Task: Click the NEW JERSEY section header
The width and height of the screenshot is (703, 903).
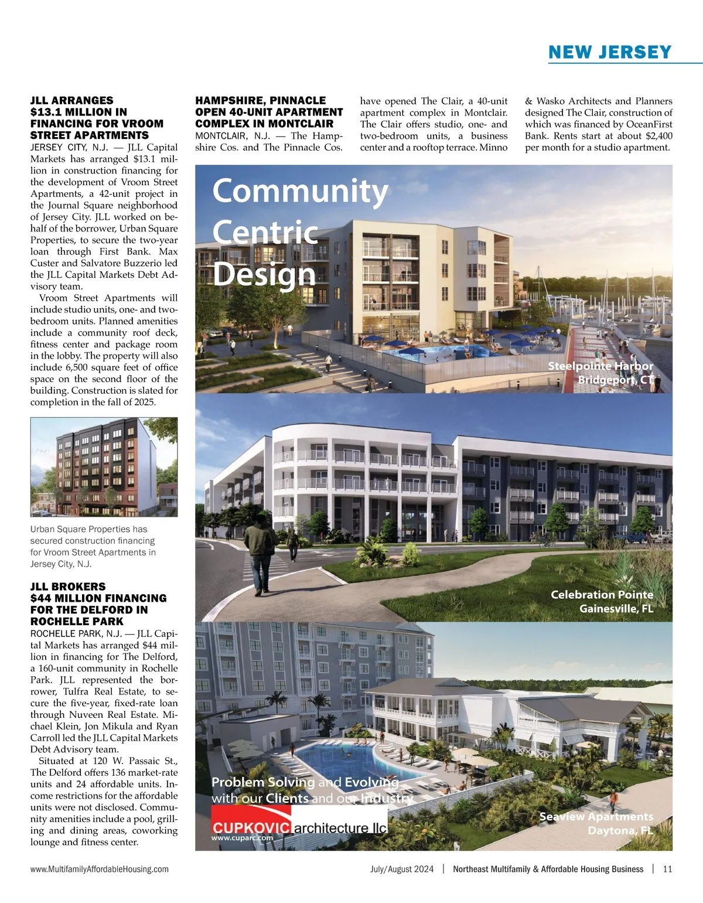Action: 610,52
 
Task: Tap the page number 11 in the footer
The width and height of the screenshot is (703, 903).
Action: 667,869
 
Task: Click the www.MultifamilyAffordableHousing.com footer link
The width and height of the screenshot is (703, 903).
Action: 99,869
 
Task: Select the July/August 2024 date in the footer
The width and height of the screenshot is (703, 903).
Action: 402,869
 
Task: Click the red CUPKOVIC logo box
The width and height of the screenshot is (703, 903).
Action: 251,827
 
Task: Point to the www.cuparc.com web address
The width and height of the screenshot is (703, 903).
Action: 243,838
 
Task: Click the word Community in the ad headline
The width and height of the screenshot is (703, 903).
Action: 300,191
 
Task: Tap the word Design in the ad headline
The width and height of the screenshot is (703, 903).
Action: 264,274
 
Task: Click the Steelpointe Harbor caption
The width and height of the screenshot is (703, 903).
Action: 600,366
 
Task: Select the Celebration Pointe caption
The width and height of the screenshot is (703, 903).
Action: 602,595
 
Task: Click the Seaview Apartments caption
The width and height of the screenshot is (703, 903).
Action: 596,816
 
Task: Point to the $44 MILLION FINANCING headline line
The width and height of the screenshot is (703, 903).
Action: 98,598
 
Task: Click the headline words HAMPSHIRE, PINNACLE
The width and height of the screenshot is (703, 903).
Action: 260,100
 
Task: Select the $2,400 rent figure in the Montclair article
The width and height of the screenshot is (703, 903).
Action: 657,136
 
